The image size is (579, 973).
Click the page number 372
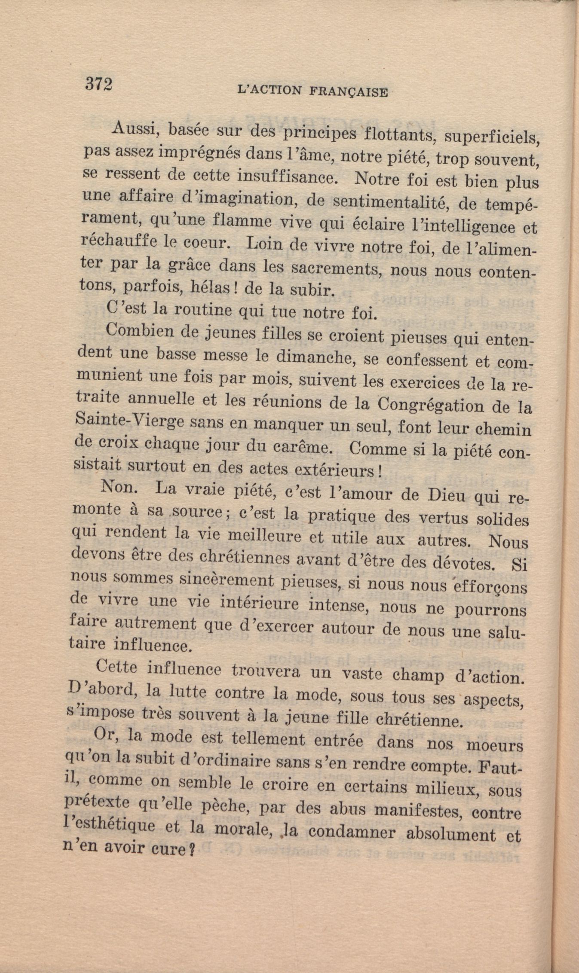click(x=99, y=84)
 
